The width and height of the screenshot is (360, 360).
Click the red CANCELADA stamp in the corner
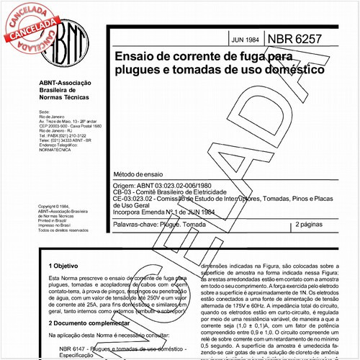tap(29, 22)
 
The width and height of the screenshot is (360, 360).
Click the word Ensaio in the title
tap(135, 57)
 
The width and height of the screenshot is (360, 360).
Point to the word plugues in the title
tap(137, 71)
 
